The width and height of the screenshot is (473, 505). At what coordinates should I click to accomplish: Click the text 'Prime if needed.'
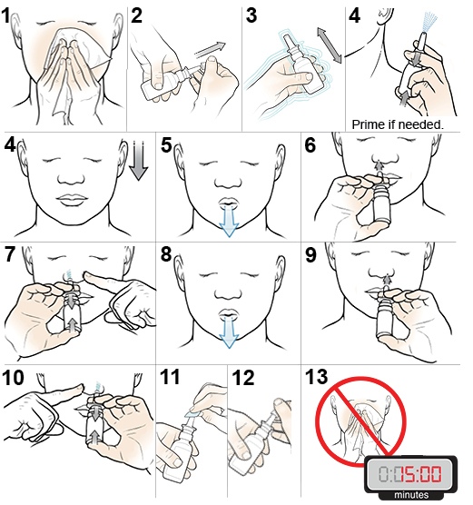tap(407, 123)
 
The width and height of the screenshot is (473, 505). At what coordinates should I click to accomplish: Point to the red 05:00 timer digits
tap(419, 474)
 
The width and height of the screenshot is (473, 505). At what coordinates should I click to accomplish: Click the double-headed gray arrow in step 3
tap(329, 45)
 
